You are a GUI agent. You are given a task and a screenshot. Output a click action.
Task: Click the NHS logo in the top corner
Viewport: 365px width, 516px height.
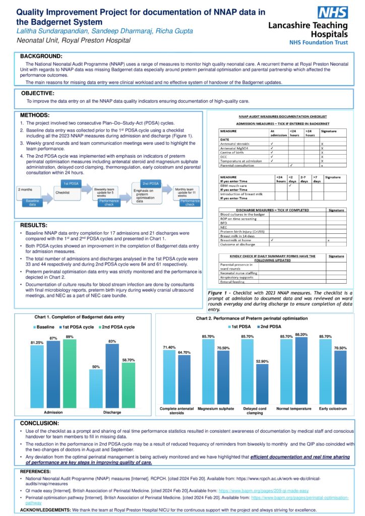332,13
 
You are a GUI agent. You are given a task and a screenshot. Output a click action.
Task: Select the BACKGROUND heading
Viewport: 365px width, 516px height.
41,56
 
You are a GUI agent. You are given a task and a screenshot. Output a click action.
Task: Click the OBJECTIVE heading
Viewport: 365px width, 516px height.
38,93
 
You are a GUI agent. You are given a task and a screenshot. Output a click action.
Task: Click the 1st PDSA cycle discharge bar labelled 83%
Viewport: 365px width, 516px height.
112,375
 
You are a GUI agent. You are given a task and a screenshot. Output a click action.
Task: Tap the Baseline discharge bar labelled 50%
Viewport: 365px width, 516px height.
96,388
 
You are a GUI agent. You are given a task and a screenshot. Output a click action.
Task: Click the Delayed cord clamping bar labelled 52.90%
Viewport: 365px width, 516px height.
262,383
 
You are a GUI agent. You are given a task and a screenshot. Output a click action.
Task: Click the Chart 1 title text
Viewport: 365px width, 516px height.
79,317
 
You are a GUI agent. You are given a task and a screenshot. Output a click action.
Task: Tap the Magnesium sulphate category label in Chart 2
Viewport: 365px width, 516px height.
216,409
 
